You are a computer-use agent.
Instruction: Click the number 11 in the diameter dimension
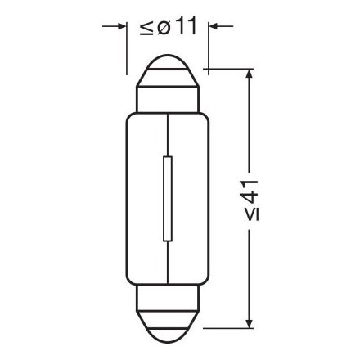click(x=185, y=26)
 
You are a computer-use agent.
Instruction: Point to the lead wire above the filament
click(x=168, y=135)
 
